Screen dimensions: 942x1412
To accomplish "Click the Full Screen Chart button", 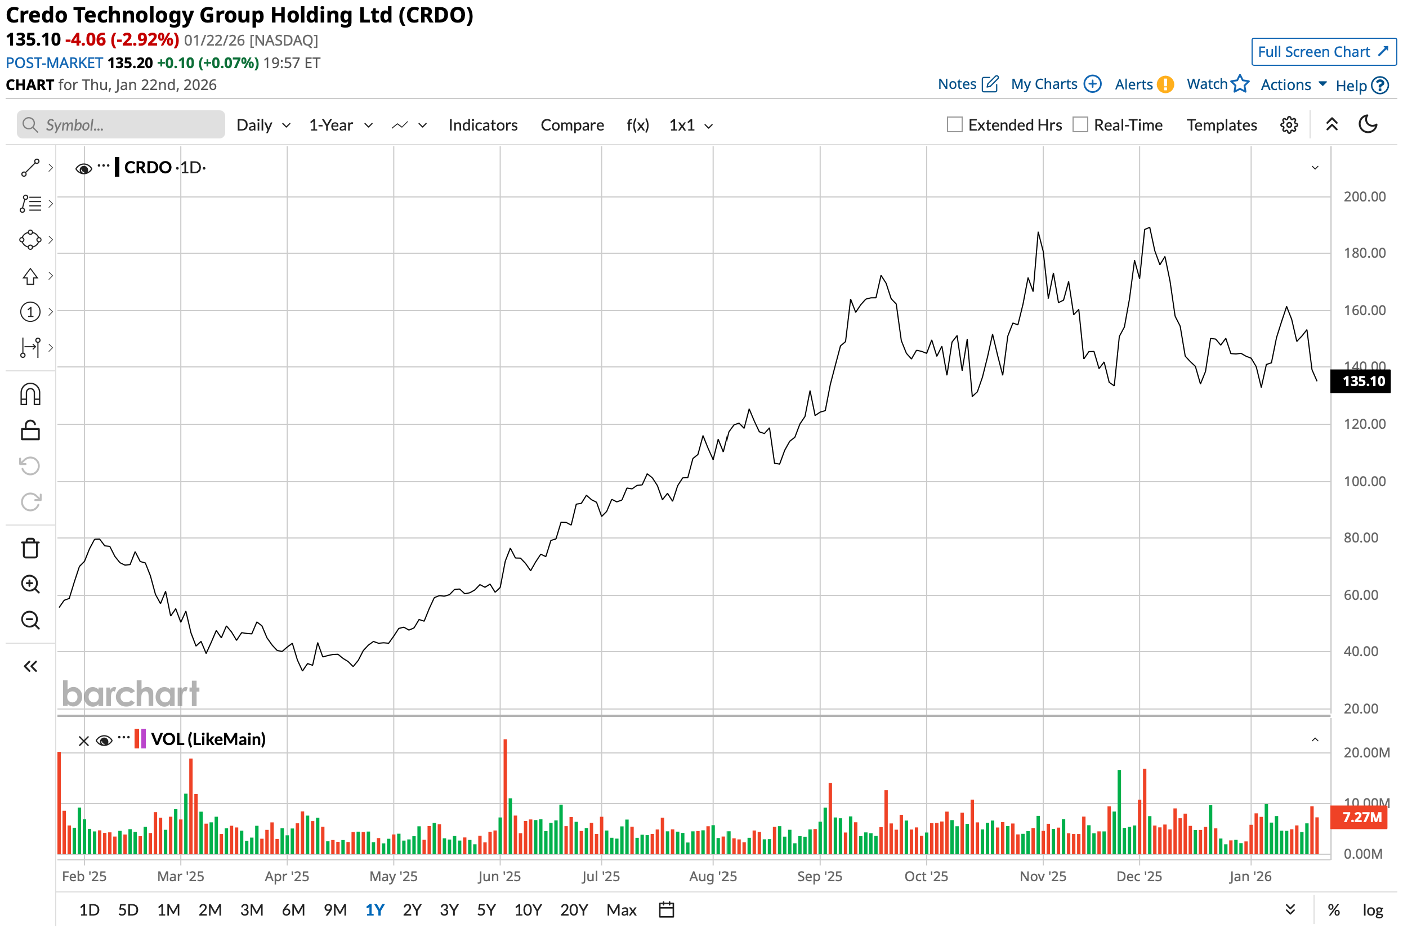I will [1323, 52].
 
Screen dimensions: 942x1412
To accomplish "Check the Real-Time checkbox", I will [1080, 125].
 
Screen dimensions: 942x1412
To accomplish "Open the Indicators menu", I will [482, 125].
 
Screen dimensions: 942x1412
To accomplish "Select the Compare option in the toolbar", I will [571, 125].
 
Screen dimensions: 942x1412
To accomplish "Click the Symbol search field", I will [122, 125].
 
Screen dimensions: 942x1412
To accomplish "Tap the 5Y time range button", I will [486, 909].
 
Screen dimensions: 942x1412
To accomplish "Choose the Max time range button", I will [621, 909].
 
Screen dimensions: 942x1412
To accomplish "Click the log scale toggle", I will [1373, 909].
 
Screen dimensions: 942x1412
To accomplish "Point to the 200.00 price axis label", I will [1364, 196].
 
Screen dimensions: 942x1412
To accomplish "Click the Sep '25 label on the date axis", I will [819, 876].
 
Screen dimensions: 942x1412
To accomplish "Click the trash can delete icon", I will [30, 548].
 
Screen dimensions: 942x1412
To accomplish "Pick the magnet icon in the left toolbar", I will [30, 394].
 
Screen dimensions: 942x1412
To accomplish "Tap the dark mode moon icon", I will [1368, 124].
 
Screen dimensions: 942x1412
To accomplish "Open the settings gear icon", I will [1289, 125].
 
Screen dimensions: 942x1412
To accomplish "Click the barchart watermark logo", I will [131, 694].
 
